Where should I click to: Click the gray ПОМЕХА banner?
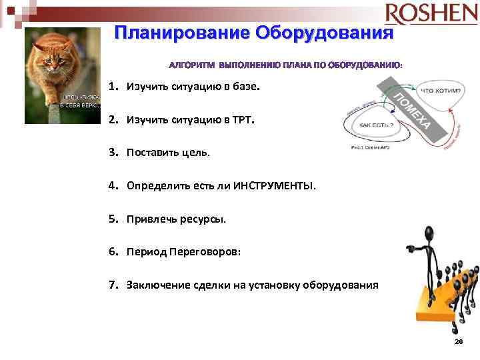coord(409,109)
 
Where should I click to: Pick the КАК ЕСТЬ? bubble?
coord(377,125)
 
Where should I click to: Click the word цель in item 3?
coord(195,153)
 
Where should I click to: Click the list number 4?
coord(113,186)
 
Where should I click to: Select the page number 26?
coord(458,341)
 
